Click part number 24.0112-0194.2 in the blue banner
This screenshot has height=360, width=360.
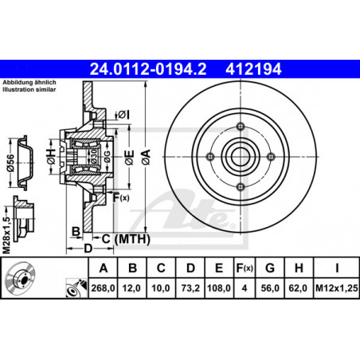[148, 69]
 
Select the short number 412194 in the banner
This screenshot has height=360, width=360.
[253, 69]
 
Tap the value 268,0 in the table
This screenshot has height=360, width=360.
[103, 288]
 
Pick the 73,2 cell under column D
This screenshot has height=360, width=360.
[190, 288]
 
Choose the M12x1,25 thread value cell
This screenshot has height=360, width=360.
[337, 288]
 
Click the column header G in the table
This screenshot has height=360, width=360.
[270, 268]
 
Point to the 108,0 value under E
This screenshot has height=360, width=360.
[219, 288]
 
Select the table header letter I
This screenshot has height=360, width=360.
[337, 268]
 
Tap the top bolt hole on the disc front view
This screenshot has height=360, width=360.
[241, 127]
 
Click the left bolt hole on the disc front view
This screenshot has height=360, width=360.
[210, 157]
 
